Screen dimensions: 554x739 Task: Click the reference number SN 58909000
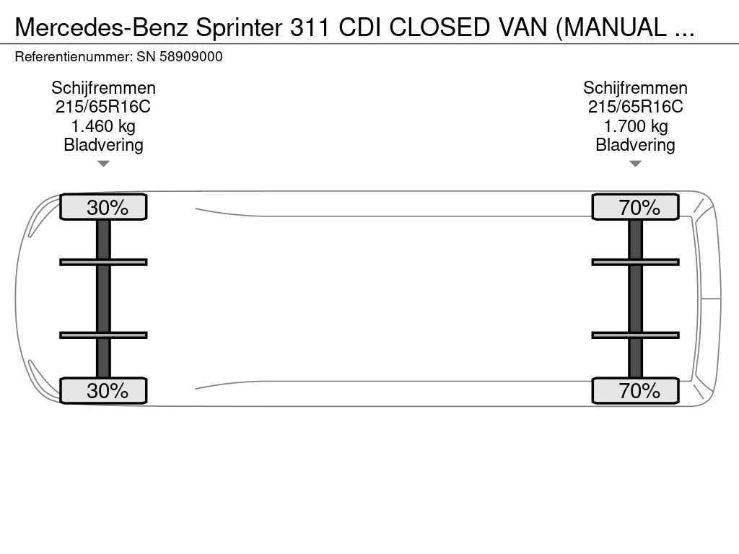179,57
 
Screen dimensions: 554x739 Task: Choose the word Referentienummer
71,57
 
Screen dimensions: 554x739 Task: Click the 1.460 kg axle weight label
103,126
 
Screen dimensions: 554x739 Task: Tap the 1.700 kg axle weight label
635,126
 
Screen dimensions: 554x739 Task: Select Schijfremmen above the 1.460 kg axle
103,88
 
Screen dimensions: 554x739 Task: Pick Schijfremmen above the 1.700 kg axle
635,88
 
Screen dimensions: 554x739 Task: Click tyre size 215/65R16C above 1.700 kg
635,107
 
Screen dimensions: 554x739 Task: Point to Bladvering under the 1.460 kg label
103,145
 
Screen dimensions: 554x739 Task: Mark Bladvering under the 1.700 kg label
635,145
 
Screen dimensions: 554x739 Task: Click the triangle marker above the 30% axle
103,164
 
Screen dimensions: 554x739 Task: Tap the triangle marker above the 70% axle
635,164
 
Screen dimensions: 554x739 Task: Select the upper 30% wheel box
103,207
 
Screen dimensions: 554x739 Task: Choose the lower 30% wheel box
103,390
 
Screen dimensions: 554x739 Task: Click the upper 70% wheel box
635,207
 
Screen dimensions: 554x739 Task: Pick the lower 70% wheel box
635,390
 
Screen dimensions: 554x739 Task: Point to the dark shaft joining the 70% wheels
635,299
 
